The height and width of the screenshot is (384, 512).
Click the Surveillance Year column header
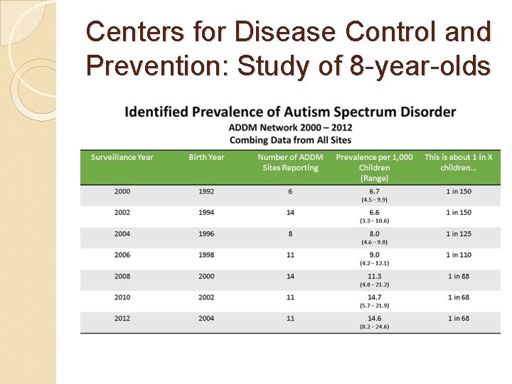point(122,157)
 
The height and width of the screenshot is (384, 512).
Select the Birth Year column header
point(206,157)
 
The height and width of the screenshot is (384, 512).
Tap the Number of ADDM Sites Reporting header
point(290,162)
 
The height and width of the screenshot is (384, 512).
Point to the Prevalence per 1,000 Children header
point(374,167)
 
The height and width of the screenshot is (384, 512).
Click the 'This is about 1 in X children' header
point(458,162)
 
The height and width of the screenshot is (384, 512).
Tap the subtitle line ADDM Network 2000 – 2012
point(290,128)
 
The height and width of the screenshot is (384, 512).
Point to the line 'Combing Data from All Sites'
point(290,140)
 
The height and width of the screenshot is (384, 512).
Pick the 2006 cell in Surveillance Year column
point(122,255)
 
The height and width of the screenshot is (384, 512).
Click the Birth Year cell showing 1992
point(206,191)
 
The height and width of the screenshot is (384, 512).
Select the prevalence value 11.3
point(375,276)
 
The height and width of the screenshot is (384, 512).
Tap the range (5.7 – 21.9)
point(375,306)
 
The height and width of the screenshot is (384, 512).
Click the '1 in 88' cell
point(459,276)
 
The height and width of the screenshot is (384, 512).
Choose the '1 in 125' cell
point(459,234)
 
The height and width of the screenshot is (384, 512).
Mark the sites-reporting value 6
point(290,191)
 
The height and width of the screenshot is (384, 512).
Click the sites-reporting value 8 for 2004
point(290,234)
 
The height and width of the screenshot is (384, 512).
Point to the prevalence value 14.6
point(375,319)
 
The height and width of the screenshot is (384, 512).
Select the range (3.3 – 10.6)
point(375,221)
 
